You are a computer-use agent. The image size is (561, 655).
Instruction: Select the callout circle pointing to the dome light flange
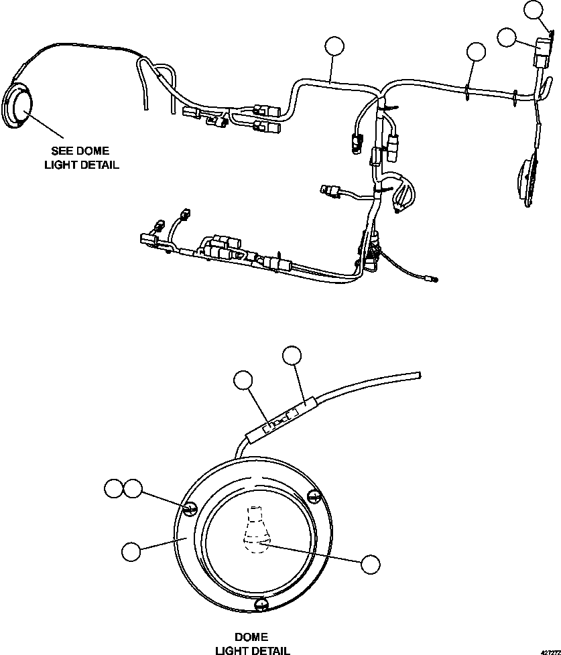(x=131, y=551)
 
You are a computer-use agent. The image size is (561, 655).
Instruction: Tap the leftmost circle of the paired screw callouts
(x=114, y=489)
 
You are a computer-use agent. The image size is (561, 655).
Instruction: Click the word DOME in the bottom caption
(x=251, y=637)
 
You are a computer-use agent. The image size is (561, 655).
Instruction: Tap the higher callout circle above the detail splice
(x=292, y=356)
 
